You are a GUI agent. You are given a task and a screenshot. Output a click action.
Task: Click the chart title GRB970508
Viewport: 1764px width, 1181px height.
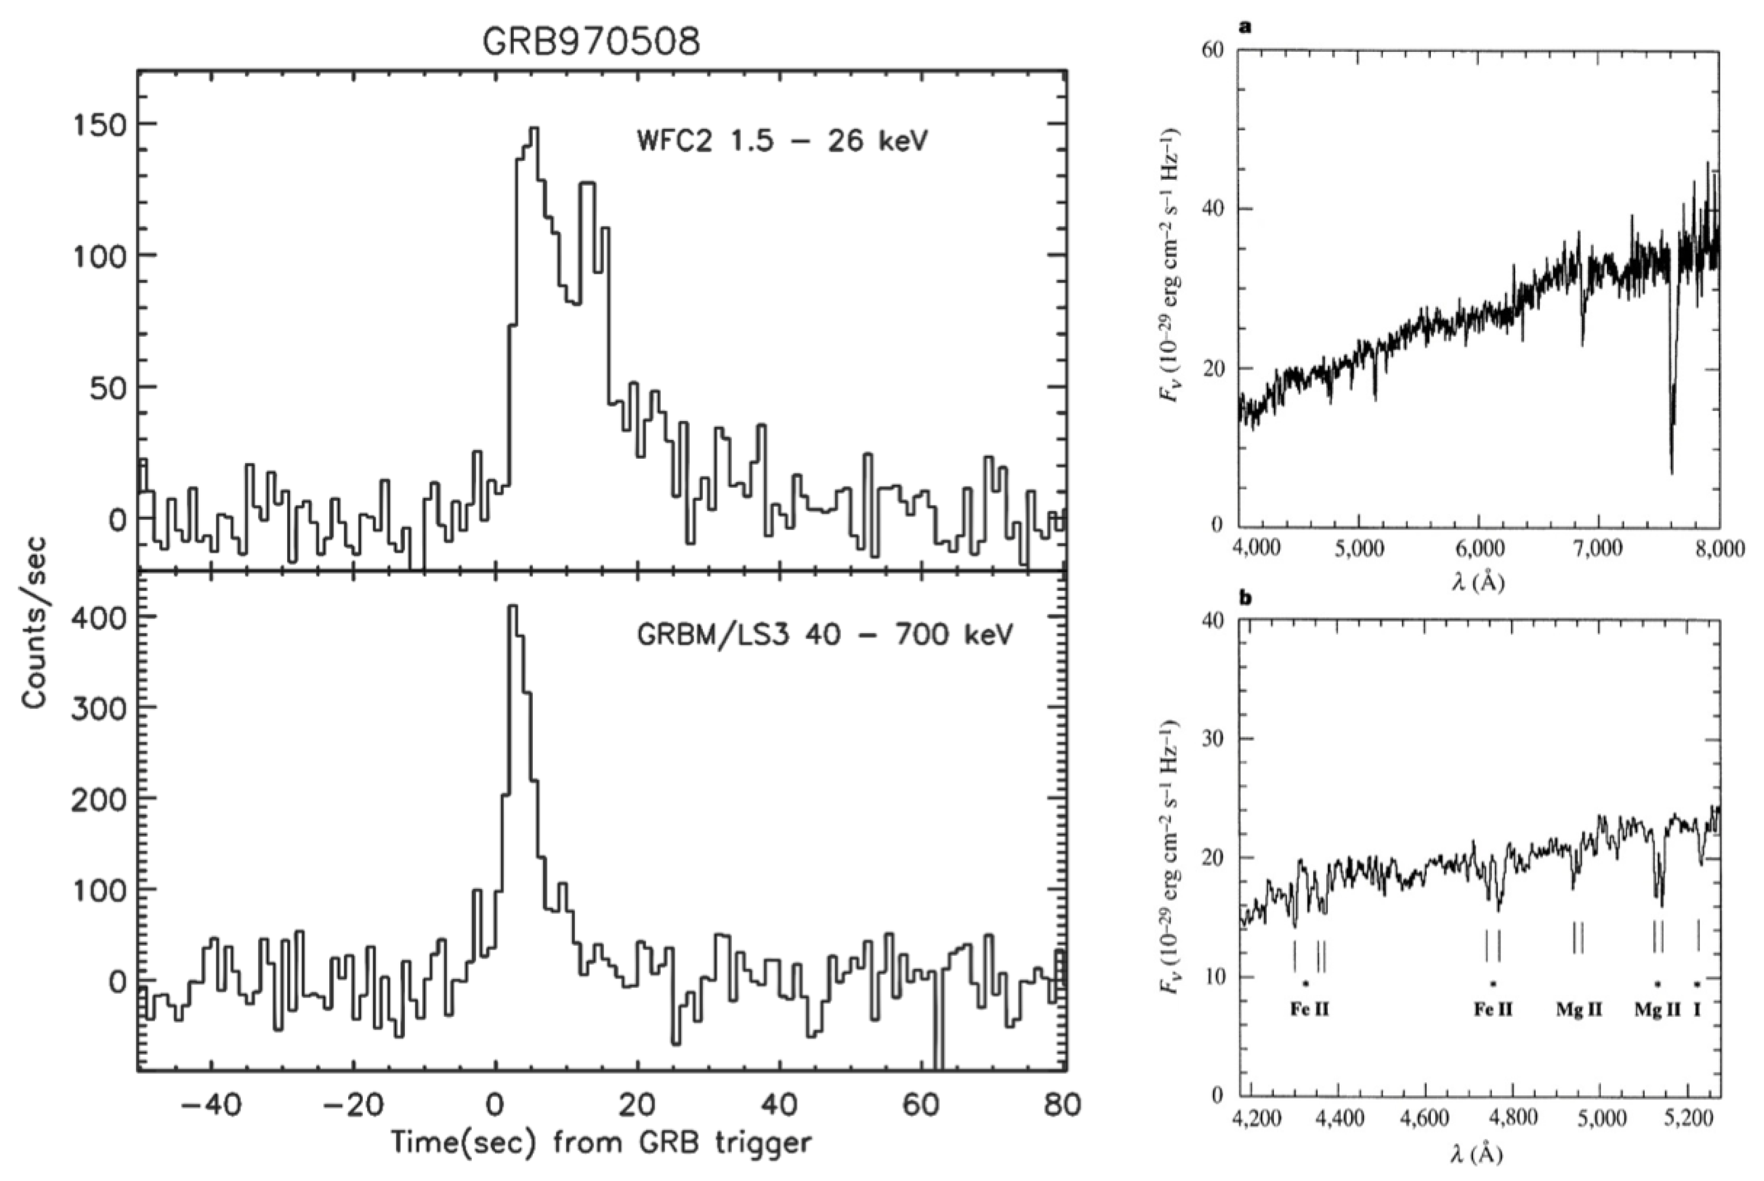tap(591, 43)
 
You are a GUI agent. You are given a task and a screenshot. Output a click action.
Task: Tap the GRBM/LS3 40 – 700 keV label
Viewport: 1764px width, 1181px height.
tap(825, 634)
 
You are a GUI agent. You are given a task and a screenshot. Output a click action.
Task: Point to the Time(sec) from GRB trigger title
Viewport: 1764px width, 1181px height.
tap(601, 1143)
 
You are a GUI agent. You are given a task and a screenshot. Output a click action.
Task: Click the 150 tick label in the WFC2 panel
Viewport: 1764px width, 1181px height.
tap(101, 125)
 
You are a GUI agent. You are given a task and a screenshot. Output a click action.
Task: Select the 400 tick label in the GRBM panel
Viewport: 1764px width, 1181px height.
tap(101, 617)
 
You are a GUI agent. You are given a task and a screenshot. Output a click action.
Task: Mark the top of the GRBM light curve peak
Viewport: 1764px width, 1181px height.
tap(513, 606)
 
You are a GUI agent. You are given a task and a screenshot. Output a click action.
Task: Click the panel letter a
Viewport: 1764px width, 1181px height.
tap(1245, 28)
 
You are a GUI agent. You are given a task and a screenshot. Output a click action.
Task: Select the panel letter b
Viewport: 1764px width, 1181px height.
tap(1246, 599)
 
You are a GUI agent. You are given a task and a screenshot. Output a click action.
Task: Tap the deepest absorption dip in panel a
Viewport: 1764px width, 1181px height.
tap(1671, 472)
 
